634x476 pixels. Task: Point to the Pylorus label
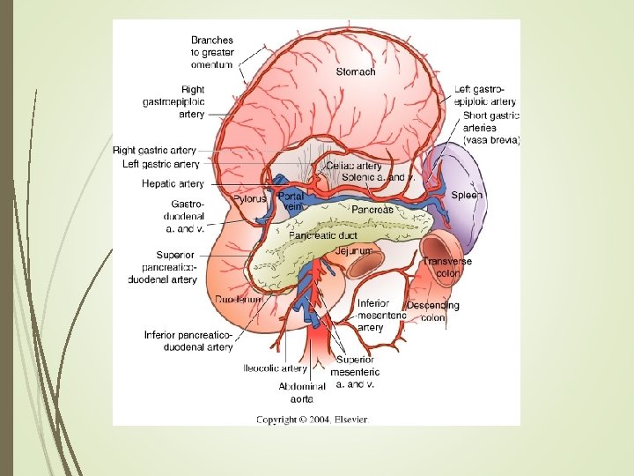coord(248,199)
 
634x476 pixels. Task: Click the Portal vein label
coord(291,201)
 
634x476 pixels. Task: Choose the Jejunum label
coord(353,251)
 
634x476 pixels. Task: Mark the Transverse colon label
coord(446,267)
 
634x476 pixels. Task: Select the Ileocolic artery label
coord(275,368)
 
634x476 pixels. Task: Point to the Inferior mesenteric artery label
coord(382,315)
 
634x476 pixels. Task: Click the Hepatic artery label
coord(173,184)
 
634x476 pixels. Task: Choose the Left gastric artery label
coord(160,164)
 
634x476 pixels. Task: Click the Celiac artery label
coord(354,166)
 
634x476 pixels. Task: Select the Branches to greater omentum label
coord(212,52)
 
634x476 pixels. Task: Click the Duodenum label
coord(239,301)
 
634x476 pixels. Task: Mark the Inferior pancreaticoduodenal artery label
coord(188,341)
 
